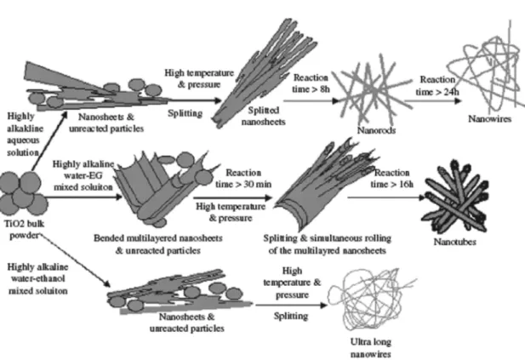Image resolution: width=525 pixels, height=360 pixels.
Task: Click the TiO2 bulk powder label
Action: pyautogui.click(x=24, y=230)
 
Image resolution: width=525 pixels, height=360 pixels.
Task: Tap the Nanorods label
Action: pyautogui.click(x=376, y=130)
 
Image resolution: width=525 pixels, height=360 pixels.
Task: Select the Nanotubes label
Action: pyautogui.click(x=454, y=242)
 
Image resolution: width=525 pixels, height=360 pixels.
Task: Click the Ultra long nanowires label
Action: pyautogui.click(x=371, y=347)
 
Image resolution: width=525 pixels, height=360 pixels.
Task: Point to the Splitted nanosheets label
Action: pyautogui.click(x=263, y=116)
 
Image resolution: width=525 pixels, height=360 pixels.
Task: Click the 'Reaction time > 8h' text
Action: pyautogui.click(x=311, y=83)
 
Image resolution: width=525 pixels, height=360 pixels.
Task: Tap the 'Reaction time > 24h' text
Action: pyautogui.click(x=437, y=85)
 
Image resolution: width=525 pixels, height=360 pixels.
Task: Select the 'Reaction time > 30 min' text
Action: pyautogui.click(x=243, y=179)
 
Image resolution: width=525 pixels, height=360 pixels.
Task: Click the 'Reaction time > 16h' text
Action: pyautogui.click(x=391, y=179)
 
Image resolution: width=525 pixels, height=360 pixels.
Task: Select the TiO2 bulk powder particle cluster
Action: pyautogui.click(x=23, y=193)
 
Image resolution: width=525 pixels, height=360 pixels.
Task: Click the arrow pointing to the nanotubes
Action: pyautogui.click(x=386, y=197)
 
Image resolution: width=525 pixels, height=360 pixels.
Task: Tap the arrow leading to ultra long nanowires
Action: pyautogui.click(x=291, y=305)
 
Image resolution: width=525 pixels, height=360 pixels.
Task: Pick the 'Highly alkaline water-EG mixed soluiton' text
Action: pyautogui.click(x=83, y=175)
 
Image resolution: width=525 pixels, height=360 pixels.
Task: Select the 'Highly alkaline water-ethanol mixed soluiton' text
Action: pyautogui.click(x=37, y=278)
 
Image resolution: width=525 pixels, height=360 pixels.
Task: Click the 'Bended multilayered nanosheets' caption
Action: pyautogui.click(x=158, y=238)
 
